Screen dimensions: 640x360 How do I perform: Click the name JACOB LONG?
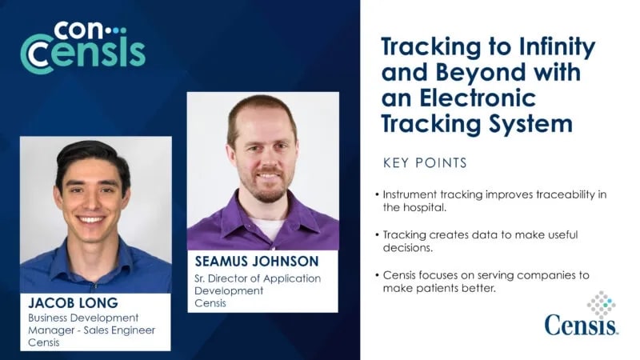(73, 303)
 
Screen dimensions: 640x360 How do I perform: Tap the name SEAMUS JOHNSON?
(257, 262)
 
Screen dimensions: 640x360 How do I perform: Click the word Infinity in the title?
(557, 47)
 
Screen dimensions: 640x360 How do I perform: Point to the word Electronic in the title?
(478, 98)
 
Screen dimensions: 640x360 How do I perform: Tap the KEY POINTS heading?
(425, 163)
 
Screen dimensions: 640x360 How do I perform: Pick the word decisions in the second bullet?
(407, 248)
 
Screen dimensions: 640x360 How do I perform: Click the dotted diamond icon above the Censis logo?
(602, 305)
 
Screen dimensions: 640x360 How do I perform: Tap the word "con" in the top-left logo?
(78, 31)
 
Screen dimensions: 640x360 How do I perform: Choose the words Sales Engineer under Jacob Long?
(119, 330)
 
